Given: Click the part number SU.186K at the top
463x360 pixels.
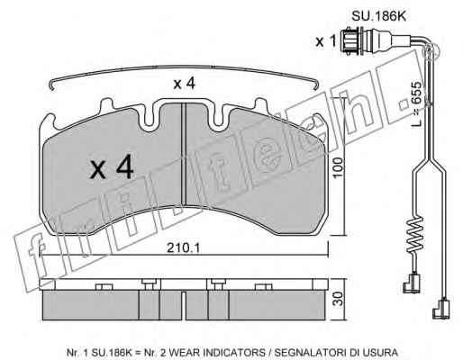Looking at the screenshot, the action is (x=378, y=16).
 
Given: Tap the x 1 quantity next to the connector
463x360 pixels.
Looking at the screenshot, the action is (x=326, y=41).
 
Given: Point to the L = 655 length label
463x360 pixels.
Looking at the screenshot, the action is (x=416, y=103).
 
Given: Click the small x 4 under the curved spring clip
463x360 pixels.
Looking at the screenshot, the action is (x=185, y=84).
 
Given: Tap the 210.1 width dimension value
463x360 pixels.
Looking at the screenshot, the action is (x=184, y=247).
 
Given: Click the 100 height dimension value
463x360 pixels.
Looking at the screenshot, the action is (x=338, y=167).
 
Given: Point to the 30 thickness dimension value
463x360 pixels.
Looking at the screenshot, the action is (x=339, y=299).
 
